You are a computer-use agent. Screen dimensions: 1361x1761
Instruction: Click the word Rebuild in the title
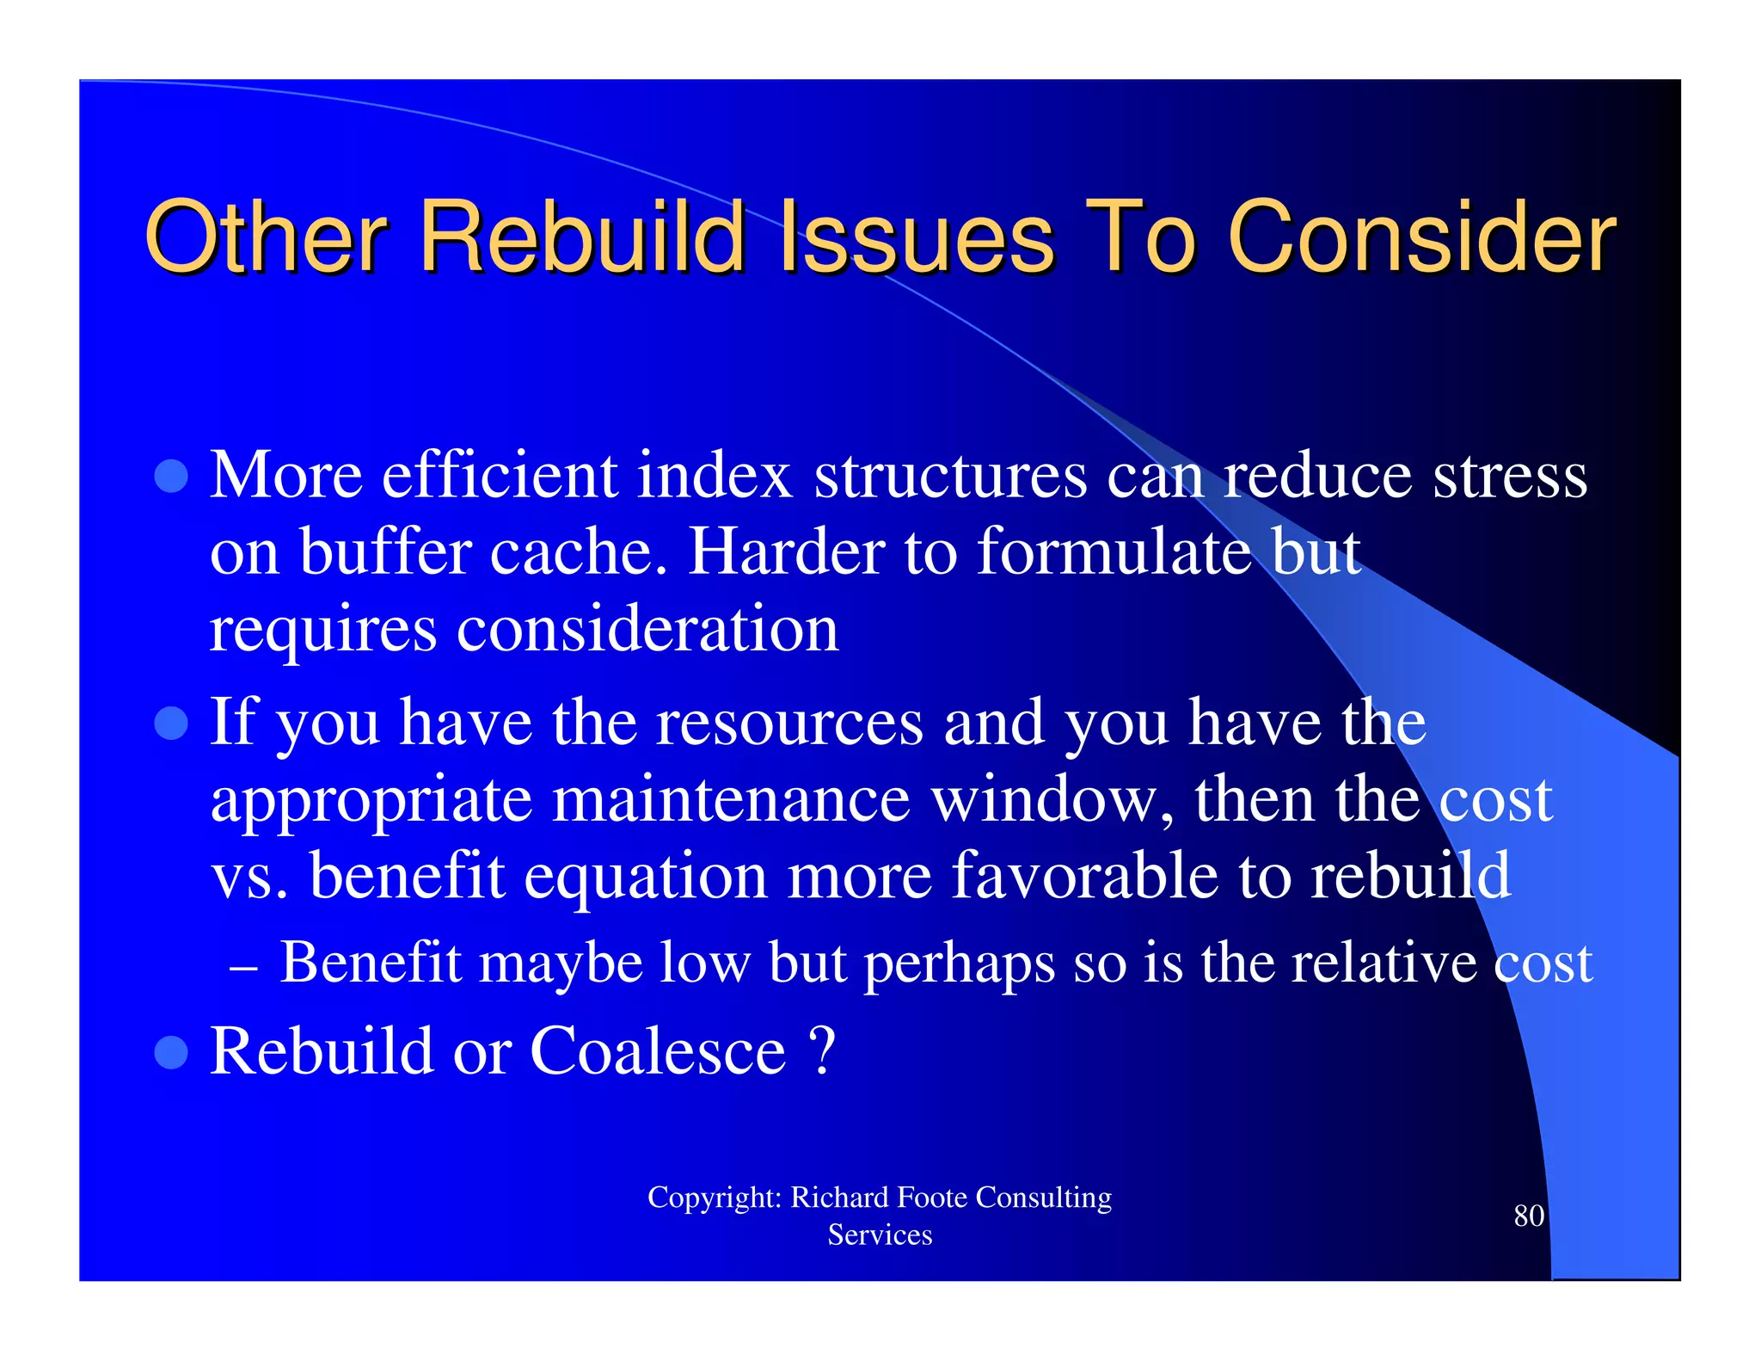tap(581, 237)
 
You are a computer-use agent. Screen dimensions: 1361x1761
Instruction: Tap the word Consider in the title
tap(1421, 237)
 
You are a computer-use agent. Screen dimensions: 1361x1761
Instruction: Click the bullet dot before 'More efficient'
tap(171, 476)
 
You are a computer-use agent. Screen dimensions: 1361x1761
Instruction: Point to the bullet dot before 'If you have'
tap(171, 724)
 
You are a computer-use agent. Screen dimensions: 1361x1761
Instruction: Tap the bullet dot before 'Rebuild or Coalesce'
tap(171, 1051)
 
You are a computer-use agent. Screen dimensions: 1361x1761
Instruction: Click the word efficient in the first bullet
tap(499, 476)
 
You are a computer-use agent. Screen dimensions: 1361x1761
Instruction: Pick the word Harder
tap(787, 551)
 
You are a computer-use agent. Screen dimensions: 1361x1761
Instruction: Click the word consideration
tap(647, 628)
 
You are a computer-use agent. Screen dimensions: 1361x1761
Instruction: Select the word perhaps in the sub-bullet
tap(959, 964)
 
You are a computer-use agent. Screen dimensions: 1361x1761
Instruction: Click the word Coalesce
tap(658, 1051)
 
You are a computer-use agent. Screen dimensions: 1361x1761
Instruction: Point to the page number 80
tap(1528, 1216)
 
